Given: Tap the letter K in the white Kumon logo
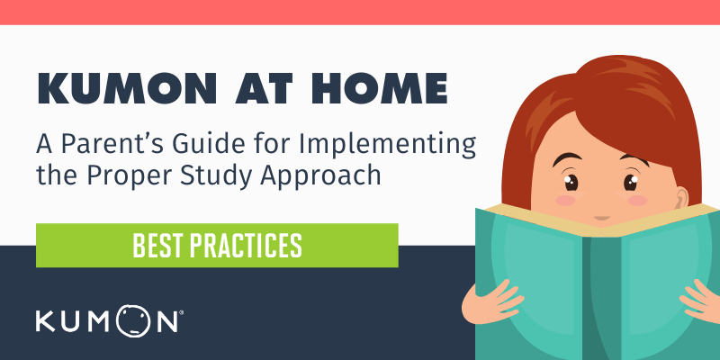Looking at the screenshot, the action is tap(47, 320).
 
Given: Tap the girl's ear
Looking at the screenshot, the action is tap(680, 198).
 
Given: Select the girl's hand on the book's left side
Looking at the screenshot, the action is tap(492, 301).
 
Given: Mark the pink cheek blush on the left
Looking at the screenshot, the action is tap(565, 201).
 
